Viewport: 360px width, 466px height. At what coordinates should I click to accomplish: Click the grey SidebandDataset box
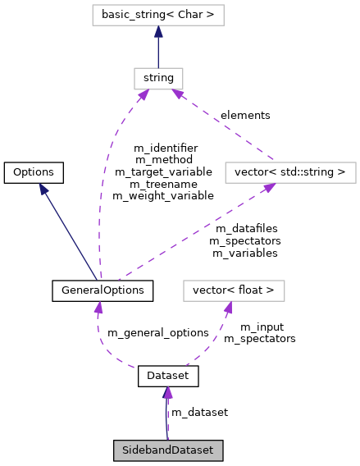point(167,450)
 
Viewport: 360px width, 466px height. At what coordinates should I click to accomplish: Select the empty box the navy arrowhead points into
point(157,15)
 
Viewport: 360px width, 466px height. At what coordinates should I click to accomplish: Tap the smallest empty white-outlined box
point(158,79)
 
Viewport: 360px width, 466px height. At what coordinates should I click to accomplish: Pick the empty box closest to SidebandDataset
point(234,290)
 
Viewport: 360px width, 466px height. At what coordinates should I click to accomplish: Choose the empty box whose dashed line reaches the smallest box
point(290,172)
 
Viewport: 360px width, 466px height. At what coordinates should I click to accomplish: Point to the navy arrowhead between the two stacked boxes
point(158,32)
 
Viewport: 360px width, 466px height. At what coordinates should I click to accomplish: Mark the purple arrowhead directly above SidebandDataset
point(167,392)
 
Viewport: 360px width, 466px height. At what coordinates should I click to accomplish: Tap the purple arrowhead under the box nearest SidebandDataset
point(228,308)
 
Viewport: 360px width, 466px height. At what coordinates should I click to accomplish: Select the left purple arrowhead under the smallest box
point(143,96)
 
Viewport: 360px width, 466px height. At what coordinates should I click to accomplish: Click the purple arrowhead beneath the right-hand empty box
point(268,189)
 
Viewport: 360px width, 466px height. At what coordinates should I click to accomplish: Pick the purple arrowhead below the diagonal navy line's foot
point(98,308)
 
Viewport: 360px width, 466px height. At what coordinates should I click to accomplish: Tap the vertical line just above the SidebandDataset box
point(167,418)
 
